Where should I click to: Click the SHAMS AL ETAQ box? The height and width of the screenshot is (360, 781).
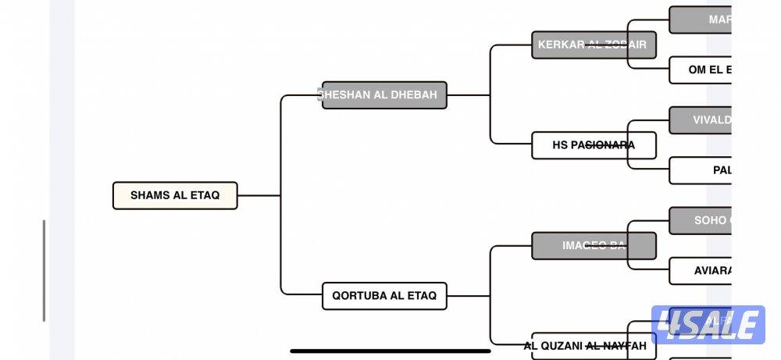[175, 195]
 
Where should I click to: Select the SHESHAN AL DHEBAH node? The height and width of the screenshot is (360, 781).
[384, 95]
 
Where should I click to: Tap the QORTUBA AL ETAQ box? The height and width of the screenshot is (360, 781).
[384, 296]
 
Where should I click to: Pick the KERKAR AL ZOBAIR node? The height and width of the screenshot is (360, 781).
[593, 45]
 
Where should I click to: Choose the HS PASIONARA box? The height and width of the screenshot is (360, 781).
[593, 145]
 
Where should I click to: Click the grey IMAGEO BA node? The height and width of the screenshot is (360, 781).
[593, 245]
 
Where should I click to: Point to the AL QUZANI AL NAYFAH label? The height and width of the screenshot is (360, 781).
[585, 346]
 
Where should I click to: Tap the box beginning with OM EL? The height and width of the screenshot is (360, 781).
[703, 70]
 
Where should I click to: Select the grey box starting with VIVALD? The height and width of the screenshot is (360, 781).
[703, 120]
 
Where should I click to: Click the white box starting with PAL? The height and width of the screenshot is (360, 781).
[703, 169]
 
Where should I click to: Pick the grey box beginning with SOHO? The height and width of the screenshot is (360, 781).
[703, 220]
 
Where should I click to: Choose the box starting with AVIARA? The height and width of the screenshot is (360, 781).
[703, 270]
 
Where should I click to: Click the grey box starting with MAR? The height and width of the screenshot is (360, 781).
[703, 20]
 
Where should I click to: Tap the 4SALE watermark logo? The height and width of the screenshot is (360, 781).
[708, 325]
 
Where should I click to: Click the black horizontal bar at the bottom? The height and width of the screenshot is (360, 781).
[390, 351]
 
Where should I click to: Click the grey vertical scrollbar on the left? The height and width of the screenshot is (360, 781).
[44, 270]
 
